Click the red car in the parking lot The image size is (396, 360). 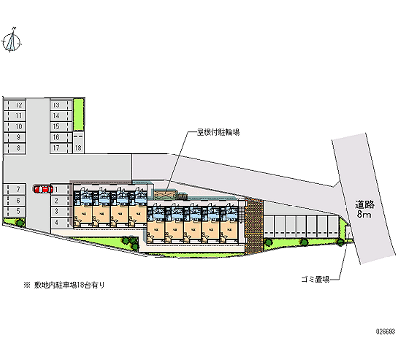pos(43,189)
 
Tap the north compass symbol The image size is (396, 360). pos(11,41)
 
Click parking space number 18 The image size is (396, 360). pos(78,148)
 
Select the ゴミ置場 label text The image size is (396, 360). pos(315,279)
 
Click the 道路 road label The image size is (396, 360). pos(365,204)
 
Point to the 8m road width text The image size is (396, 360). pos(365,214)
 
